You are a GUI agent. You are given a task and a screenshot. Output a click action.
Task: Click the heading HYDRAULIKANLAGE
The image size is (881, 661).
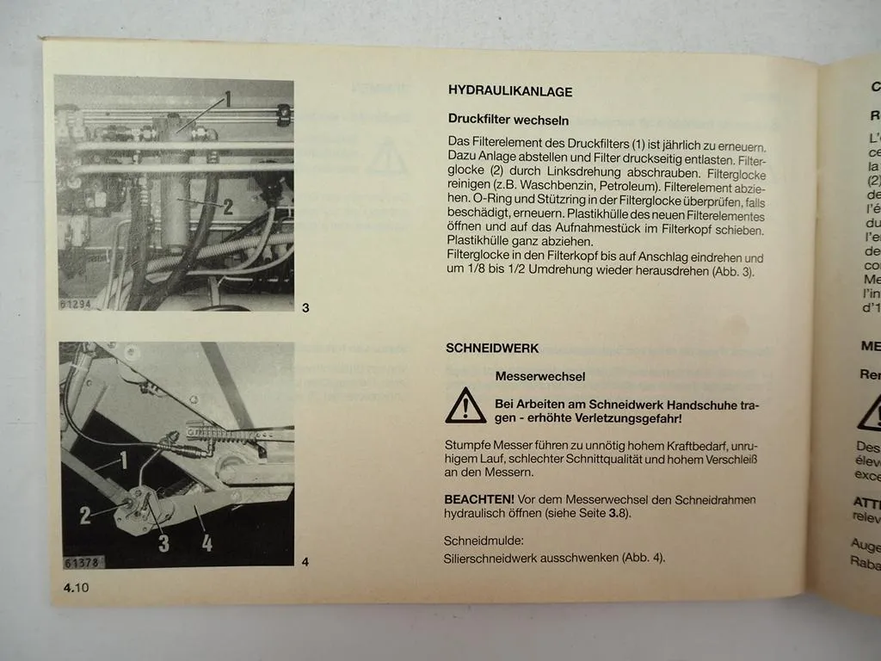click(509, 91)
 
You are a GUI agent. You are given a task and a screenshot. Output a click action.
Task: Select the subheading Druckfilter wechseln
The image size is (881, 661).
click(508, 120)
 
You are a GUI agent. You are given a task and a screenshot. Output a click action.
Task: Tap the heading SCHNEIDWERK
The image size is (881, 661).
click(492, 349)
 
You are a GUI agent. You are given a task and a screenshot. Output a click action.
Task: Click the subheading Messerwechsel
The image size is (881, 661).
click(539, 376)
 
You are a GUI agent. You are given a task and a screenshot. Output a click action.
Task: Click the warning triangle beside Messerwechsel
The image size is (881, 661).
click(465, 405)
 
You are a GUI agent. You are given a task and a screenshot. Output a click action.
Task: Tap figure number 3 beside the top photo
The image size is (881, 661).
click(305, 308)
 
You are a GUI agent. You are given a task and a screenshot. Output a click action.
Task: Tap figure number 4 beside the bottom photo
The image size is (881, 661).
click(305, 563)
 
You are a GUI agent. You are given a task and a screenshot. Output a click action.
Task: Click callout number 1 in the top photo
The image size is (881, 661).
click(227, 98)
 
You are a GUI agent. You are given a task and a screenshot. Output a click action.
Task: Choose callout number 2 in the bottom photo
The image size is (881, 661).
click(85, 515)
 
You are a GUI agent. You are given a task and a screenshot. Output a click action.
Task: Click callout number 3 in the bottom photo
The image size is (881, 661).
click(163, 542)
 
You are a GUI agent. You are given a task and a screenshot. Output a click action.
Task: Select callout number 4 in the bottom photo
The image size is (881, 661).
click(206, 541)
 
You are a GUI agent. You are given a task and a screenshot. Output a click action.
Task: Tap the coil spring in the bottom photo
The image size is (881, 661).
click(219, 431)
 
